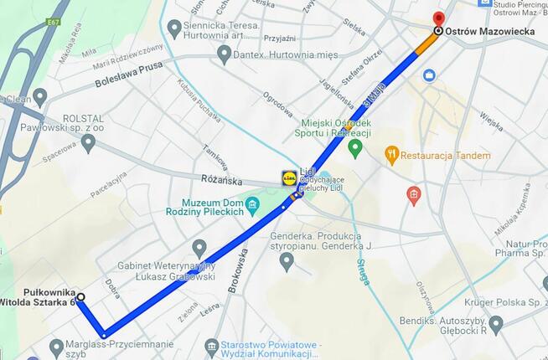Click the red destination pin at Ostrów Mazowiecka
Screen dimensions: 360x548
tap(437, 18)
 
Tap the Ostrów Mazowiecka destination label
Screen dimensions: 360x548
tap(490, 32)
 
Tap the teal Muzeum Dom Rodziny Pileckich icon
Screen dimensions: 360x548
tap(251, 204)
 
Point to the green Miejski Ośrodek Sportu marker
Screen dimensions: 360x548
tap(354, 149)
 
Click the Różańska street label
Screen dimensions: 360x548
tap(222, 179)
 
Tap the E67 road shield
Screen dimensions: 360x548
tap(55, 22)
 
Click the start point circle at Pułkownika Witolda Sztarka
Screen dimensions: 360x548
tap(80, 296)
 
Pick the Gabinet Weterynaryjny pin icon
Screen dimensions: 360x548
tap(199, 248)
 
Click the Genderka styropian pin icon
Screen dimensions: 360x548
tap(287, 260)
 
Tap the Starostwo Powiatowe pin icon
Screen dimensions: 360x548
tap(212, 346)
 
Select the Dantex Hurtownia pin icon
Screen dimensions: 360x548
tap(224, 54)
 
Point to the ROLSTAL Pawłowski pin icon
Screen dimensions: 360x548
tap(88, 141)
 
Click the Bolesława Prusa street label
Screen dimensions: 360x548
tap(127, 75)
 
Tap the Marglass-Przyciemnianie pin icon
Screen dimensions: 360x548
tap(56, 346)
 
